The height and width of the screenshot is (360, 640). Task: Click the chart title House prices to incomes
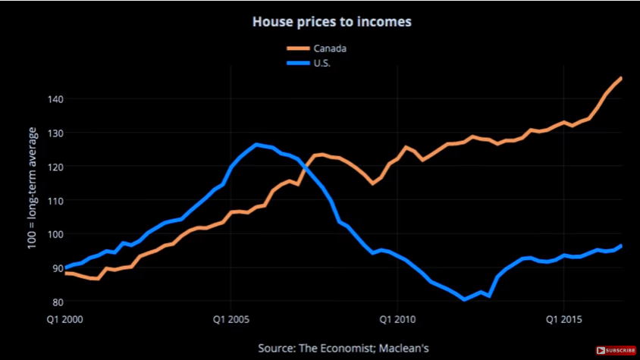coord(331,22)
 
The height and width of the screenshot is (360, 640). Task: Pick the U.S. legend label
coord(322,63)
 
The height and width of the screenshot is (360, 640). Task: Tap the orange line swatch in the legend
coord(296,49)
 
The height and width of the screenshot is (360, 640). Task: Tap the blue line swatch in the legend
coord(296,63)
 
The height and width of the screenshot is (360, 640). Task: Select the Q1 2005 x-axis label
coord(231,319)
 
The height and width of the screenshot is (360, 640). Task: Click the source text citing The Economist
coord(344,348)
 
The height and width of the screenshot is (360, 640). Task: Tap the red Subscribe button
coord(615,350)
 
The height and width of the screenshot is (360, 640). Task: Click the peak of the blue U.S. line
coord(256,144)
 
